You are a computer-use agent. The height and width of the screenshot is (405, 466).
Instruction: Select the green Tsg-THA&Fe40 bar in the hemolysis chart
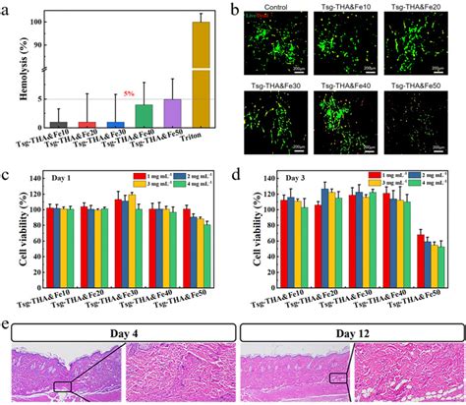pyautogui.click(x=144, y=116)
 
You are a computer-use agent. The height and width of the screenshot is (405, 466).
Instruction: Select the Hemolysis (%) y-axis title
pyautogui.click(x=13, y=69)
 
